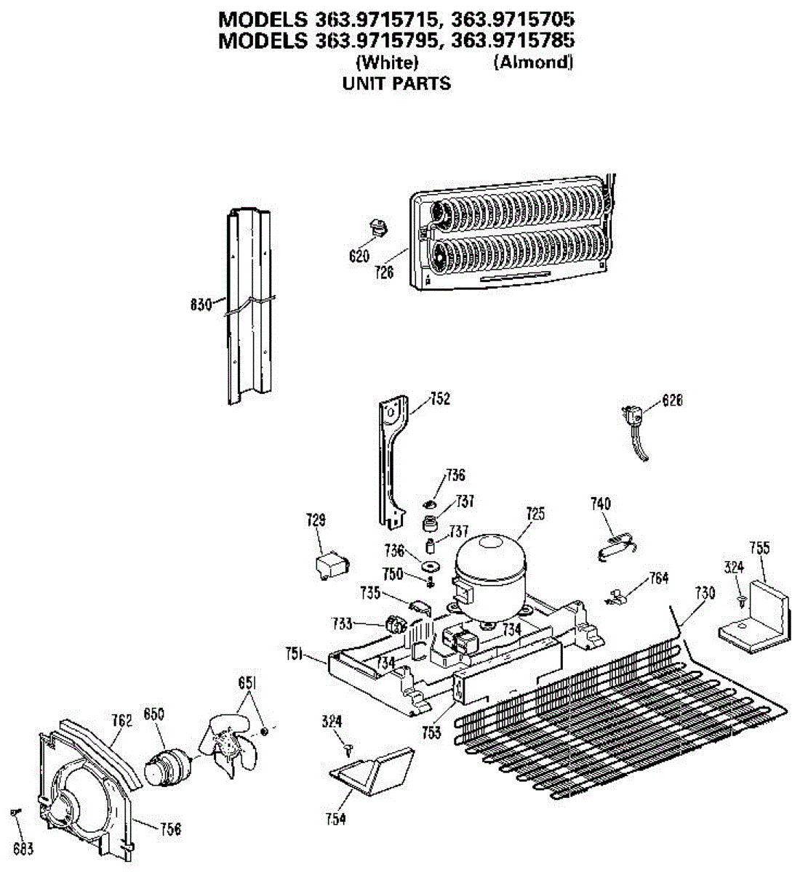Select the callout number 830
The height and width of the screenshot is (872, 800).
point(201,304)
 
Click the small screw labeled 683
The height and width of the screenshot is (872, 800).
point(15,812)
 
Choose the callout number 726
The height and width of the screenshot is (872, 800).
point(385,272)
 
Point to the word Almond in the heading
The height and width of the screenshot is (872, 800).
point(533,62)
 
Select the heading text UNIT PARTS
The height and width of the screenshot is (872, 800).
point(396,84)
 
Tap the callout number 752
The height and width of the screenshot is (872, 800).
point(440,399)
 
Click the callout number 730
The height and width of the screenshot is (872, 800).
point(705,594)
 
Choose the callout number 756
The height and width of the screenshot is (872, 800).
point(170,828)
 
